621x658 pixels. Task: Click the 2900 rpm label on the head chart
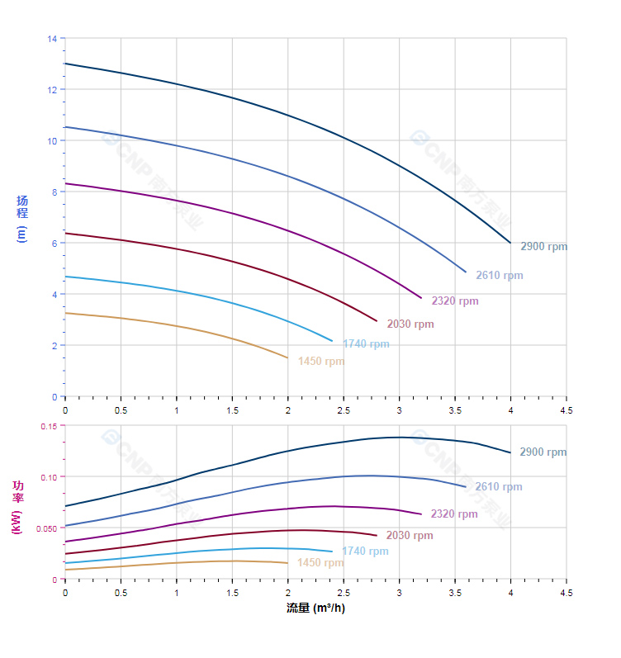pos(543,246)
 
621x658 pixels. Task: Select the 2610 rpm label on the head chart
pos(499,275)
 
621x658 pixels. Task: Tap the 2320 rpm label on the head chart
pos(454,301)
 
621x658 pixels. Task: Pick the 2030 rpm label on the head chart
pos(410,324)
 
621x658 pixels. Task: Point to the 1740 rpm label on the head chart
pos(366,343)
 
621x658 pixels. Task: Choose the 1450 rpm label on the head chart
pos(321,361)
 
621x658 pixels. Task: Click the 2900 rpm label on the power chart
pos(543,452)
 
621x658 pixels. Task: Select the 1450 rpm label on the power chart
pos(320,562)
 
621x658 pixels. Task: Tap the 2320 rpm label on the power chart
pos(453,514)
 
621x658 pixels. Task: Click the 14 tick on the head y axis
pos(53,39)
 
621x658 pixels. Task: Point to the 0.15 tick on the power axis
pos(49,426)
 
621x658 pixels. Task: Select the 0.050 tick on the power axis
pos(46,528)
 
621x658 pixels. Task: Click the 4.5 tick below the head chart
pos(566,409)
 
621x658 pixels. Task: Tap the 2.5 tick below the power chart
pos(344,592)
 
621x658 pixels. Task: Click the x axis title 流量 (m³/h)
pos(315,608)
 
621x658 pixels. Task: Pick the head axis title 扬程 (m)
pos(22,218)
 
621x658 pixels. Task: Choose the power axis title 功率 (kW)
pos(17,507)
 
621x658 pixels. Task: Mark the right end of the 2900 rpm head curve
pos(510,243)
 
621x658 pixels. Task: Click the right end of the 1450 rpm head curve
pos(287,358)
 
